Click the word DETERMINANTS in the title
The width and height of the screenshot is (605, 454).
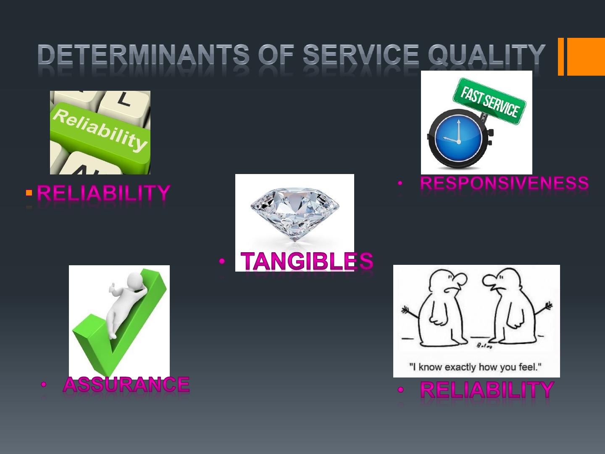[x=143, y=54]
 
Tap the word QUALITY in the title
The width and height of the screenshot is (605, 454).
[x=487, y=55]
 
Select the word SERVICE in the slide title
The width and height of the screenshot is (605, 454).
[x=361, y=54]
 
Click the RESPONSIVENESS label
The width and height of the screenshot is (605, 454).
[x=504, y=183]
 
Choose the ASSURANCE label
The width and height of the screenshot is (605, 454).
[x=126, y=385]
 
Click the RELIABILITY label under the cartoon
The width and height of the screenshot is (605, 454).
[x=487, y=390]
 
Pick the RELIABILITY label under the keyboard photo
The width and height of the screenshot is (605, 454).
[x=104, y=193]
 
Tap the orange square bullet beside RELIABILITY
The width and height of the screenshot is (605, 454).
[x=29, y=193]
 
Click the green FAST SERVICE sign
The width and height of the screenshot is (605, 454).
[x=489, y=101]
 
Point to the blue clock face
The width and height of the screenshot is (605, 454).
[x=458, y=138]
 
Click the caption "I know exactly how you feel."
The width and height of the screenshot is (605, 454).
[x=476, y=367]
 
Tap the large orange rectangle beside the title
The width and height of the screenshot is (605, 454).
[x=586, y=56]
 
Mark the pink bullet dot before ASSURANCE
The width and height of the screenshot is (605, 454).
[x=43, y=385]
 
